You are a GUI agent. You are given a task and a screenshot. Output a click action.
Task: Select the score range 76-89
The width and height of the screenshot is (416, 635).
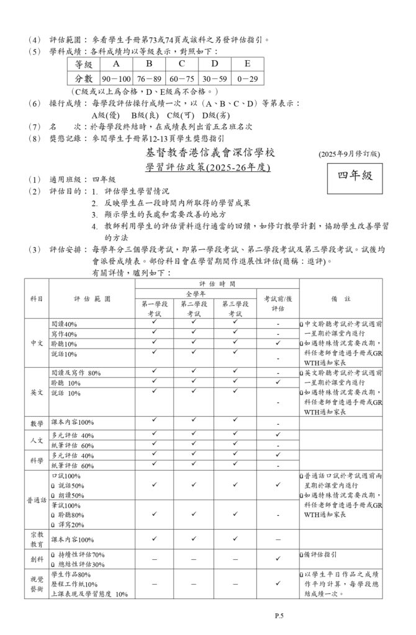[149, 79]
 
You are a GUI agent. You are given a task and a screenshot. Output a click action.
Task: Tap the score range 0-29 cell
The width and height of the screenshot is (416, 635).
[247, 79]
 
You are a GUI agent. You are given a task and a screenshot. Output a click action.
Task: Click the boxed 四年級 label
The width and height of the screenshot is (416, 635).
[355, 175]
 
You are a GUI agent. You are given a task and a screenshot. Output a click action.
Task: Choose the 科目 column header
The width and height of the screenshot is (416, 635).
[37, 298]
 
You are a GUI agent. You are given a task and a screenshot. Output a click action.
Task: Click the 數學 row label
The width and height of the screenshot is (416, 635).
[37, 424]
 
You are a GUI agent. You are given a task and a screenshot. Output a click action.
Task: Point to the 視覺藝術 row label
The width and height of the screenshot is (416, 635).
[37, 585]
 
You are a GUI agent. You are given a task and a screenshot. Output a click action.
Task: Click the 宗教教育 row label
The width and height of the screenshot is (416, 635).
[37, 539]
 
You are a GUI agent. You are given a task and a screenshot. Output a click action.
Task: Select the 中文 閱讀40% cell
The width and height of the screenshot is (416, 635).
[64, 324]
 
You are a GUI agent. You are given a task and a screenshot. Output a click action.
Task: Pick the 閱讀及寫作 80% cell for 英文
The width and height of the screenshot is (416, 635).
[76, 373]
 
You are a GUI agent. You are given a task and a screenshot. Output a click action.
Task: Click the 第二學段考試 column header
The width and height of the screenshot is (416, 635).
[194, 308]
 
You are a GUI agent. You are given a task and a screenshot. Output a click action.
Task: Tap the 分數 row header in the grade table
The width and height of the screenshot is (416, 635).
[83, 79]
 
